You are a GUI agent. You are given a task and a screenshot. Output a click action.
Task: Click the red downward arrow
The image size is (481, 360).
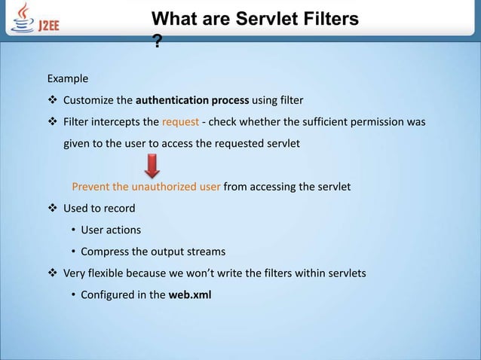(153, 166)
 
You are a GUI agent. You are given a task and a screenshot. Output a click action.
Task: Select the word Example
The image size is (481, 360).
(68, 78)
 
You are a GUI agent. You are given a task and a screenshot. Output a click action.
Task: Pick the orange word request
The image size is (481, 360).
(179, 121)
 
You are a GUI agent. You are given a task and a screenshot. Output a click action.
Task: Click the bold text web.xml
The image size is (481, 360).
(190, 294)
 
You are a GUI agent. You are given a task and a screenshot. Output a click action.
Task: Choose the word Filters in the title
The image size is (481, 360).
(330, 18)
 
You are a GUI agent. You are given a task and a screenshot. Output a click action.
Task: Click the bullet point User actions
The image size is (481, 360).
(111, 230)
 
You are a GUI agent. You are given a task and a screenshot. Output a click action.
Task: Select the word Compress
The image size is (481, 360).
(106, 252)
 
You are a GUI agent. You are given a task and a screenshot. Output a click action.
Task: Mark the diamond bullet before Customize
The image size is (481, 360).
(52, 100)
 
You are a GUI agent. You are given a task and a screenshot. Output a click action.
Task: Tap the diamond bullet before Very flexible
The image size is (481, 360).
(52, 273)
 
